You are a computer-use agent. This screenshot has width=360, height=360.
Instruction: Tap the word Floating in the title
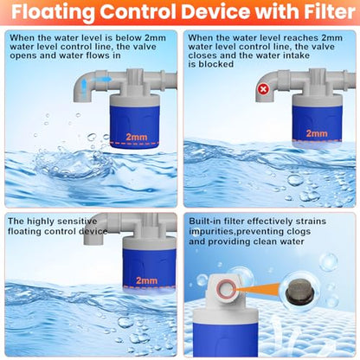54,13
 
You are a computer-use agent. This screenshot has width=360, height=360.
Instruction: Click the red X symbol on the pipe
263,89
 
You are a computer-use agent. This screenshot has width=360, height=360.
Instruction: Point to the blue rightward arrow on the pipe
103,80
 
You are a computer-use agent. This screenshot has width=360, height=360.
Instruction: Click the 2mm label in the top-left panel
137,137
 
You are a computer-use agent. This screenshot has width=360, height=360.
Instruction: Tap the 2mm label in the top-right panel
317,133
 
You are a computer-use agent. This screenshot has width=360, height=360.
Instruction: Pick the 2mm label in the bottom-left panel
147,280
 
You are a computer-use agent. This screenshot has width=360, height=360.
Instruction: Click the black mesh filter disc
299,291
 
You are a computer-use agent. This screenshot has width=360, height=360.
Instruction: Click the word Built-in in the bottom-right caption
205,222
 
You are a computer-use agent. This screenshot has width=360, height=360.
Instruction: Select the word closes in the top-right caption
202,55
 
